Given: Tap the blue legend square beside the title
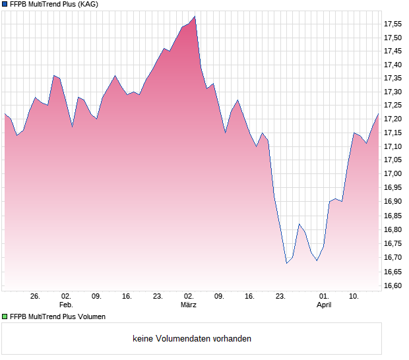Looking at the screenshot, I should point(5,5).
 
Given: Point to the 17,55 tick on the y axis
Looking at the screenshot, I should point(393,24).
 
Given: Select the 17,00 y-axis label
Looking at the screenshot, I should point(393,173).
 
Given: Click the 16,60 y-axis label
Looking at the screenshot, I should point(393,285).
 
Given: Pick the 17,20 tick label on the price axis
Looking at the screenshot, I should point(393,119).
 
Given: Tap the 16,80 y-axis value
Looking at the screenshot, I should point(393,229).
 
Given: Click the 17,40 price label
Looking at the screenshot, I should point(393,65).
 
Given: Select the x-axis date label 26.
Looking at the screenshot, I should point(35,297).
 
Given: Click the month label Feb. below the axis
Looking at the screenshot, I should point(66,305).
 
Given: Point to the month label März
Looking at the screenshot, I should point(189,305).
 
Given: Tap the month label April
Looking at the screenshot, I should point(324,305).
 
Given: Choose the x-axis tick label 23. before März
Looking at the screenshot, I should point(158,297).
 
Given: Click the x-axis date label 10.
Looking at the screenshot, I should point(354,297).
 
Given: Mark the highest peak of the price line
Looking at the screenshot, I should point(195,16).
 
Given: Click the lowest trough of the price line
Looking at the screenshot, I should point(286,263).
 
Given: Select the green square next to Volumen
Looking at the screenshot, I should point(5,316).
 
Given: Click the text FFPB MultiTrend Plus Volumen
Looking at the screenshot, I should point(57,316).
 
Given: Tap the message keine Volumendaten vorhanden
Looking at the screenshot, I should point(192,339).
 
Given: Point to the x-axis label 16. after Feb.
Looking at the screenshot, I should point(127,297).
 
